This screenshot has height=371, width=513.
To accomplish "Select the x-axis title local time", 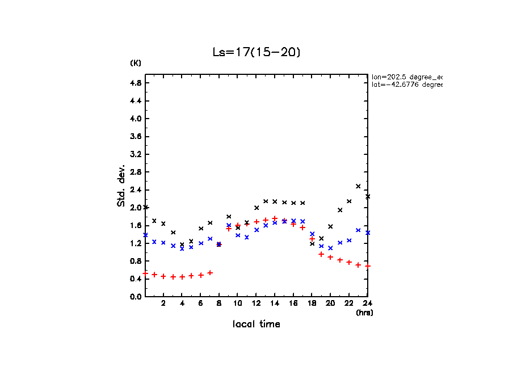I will tap(256, 324).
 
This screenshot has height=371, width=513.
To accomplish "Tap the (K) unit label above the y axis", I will tap(136, 63).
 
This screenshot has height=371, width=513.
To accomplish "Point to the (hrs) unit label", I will tap(364, 313).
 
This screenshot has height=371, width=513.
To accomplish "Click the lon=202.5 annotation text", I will tap(406, 77).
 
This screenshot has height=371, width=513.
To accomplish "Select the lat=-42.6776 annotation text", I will tap(406, 85).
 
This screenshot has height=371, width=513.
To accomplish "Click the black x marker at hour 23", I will tap(358, 186).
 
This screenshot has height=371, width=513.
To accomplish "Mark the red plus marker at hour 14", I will tap(275, 218).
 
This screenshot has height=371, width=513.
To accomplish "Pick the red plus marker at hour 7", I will tap(210, 273).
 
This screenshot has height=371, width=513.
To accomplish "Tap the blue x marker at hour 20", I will tap(330, 248).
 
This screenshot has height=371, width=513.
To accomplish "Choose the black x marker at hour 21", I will tap(340, 210).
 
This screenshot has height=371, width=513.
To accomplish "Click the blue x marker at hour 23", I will tap(358, 230).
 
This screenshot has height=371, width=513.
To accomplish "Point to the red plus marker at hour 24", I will tap(368, 266).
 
